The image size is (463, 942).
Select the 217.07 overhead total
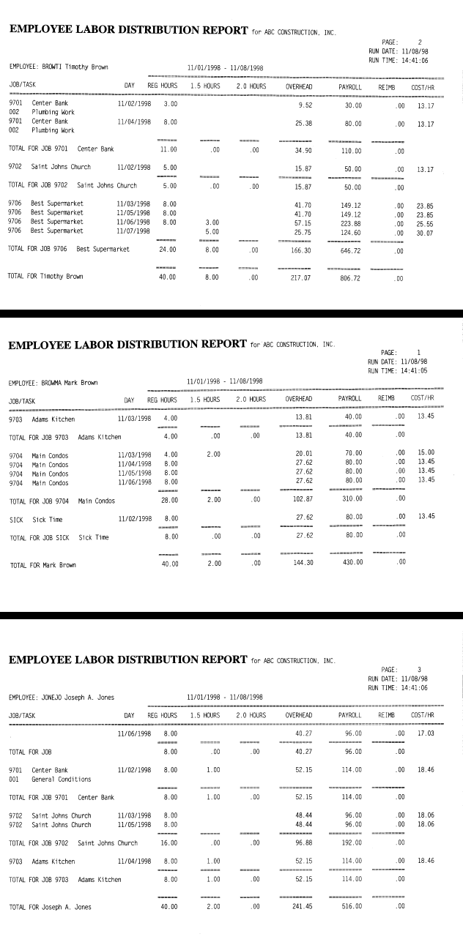point(296,277)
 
